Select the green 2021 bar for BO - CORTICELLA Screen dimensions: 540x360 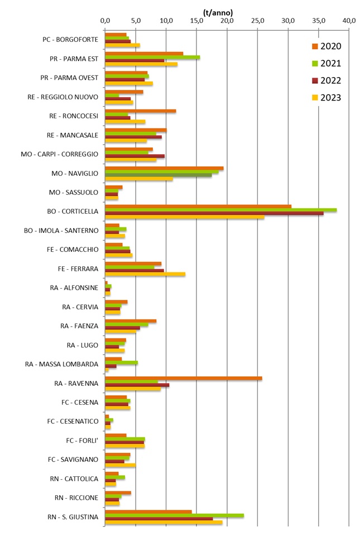pos(220,210)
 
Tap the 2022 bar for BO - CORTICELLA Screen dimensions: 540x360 pos(214,213)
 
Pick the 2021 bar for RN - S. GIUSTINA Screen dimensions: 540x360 pos(174,515)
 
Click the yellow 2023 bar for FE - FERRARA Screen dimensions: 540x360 pos(145,274)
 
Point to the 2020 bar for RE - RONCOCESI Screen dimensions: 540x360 pos(140,111)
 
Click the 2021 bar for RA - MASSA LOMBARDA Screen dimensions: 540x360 pos(121,362)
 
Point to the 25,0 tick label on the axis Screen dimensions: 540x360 pos(257,21)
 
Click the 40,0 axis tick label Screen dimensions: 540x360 pos(349,21)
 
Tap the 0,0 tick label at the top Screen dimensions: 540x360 pos(105,21)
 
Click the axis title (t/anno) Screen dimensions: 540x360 pos(218,12)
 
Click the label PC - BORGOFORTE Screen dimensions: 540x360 pos(70,40)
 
